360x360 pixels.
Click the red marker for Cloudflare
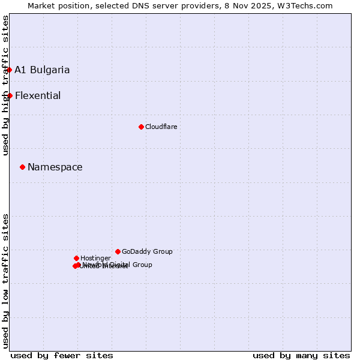141,127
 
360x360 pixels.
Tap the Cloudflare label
161,127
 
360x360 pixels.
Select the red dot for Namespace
22,167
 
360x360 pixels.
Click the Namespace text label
55,167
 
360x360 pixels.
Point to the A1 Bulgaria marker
9,70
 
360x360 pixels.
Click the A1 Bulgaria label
42,70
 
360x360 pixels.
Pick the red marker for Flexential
10,95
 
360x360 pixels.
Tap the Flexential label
38,96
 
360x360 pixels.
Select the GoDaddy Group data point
118,251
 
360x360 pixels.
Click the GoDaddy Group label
147,251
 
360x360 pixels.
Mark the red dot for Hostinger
76,258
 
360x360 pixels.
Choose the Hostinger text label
95,258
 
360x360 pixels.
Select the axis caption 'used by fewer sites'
62,356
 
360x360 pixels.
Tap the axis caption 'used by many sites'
301,356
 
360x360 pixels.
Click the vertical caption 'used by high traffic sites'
5,85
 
